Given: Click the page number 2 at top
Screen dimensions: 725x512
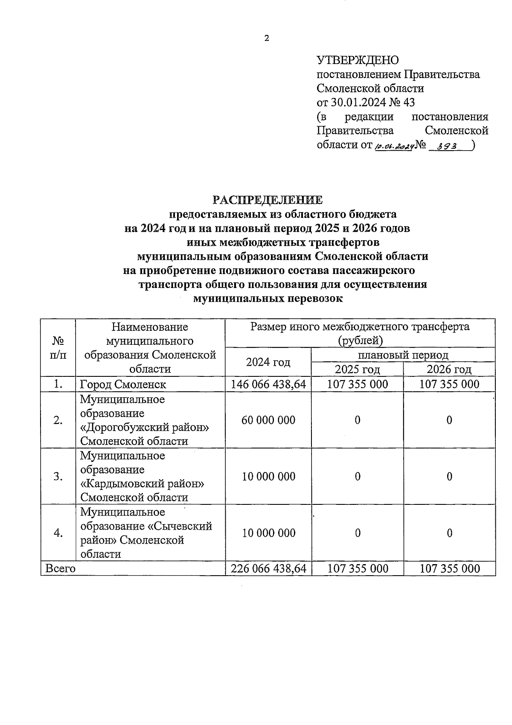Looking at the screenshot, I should point(267,38).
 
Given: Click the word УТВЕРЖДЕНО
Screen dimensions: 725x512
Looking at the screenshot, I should point(357,60).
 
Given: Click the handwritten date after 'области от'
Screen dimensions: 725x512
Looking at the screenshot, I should point(394,146).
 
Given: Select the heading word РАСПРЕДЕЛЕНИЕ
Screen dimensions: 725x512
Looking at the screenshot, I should point(268,200).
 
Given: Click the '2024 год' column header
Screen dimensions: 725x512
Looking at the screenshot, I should point(268,362).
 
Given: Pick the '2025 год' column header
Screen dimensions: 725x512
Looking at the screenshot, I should point(357,369).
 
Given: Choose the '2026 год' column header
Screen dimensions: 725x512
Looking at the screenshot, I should point(449,369).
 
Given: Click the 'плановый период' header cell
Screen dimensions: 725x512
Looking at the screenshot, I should point(403,355).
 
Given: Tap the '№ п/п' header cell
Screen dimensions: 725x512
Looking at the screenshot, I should point(58,348).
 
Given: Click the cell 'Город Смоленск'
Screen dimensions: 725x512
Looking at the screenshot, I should point(123,384).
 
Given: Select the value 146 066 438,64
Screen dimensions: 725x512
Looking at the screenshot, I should point(268,384).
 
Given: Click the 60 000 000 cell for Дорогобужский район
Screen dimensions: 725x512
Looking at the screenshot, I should point(268,420).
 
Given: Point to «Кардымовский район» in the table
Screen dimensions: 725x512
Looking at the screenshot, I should point(142,484).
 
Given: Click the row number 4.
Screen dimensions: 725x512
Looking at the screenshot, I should point(58,533).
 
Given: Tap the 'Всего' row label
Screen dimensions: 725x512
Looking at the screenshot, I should point(60,568).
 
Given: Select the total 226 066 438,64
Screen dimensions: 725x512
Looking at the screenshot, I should point(268,568).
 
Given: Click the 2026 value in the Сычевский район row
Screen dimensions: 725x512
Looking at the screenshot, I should point(449,533).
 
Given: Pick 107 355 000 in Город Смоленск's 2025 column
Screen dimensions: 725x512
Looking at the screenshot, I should point(357,384).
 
